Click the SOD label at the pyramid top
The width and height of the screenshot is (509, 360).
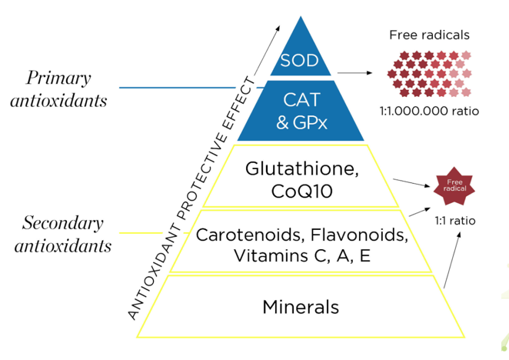(x=299, y=61)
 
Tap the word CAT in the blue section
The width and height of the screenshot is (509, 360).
(x=302, y=100)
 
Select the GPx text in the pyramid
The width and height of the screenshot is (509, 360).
(x=310, y=122)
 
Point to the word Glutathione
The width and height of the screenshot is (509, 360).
(x=302, y=169)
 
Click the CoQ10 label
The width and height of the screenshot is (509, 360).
(x=302, y=191)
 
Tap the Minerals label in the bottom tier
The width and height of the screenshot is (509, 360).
(x=301, y=307)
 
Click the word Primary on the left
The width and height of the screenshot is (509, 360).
(x=58, y=78)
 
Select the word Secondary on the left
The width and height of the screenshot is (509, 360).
(x=62, y=223)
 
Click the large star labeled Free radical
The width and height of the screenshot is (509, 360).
(x=454, y=186)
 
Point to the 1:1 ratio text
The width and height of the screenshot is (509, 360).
(x=455, y=221)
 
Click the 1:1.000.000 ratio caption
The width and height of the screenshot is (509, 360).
(x=429, y=111)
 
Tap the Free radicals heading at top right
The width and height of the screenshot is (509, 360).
(x=429, y=35)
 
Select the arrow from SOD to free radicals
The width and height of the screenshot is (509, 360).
(x=354, y=73)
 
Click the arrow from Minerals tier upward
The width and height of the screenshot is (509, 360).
(x=452, y=259)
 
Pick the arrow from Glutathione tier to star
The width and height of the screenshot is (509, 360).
(x=411, y=182)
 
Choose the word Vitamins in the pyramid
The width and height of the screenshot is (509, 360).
(x=271, y=255)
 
